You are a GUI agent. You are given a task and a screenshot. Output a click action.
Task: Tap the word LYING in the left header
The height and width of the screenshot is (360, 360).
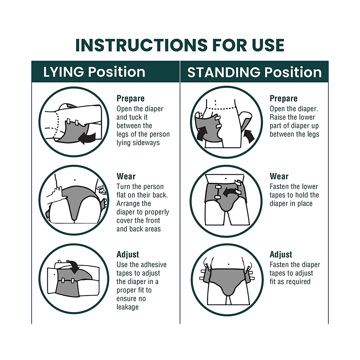click(x=63, y=72)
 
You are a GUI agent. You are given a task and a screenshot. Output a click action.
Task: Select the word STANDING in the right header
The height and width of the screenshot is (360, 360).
click(x=224, y=72)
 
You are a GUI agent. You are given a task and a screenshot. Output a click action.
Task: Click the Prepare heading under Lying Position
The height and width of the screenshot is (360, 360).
click(x=130, y=98)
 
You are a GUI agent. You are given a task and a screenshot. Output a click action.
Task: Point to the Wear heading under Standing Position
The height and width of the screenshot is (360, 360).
click(x=279, y=176)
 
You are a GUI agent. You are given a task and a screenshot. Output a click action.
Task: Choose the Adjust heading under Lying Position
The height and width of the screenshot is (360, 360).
click(x=128, y=255)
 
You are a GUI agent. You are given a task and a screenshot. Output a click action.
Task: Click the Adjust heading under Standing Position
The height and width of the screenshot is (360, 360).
click(x=281, y=255)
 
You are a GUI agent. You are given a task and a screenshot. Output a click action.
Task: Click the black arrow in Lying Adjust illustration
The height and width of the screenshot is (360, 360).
click(x=73, y=267)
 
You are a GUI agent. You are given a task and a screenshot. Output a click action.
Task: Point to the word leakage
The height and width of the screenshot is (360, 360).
click(x=127, y=307)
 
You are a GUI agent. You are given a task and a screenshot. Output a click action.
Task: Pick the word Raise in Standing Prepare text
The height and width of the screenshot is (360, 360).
click(x=277, y=117)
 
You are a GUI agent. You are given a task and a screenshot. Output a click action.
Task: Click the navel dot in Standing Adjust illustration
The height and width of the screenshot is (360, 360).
click(x=229, y=264)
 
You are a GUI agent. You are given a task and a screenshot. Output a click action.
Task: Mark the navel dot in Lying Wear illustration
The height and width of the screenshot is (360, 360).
click(x=75, y=180)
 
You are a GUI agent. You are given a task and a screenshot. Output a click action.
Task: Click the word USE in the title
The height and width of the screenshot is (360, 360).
click(x=268, y=45)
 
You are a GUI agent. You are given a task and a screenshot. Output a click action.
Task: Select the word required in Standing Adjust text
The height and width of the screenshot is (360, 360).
click(x=300, y=282)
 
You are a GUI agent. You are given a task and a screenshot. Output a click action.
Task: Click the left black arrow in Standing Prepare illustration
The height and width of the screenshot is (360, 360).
click(x=202, y=133)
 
